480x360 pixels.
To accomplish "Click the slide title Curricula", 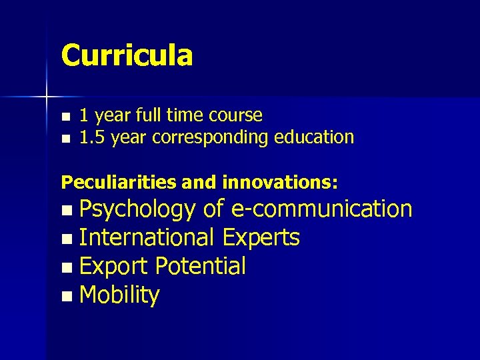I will click(x=127, y=55).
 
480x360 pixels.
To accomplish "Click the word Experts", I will click(x=261, y=237).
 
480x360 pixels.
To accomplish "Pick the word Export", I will click(x=113, y=266).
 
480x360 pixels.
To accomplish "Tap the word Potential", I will click(x=201, y=266).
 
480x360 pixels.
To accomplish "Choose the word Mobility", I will click(x=119, y=295).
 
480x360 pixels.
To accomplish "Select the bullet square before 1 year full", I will click(x=65, y=117).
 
